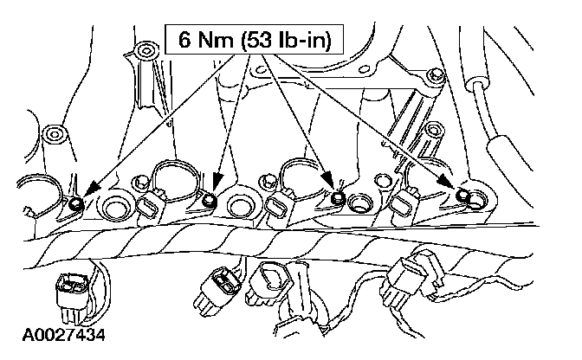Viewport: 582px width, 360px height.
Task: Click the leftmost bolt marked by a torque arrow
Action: [75, 203]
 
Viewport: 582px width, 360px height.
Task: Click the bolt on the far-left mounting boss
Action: [55, 134]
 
